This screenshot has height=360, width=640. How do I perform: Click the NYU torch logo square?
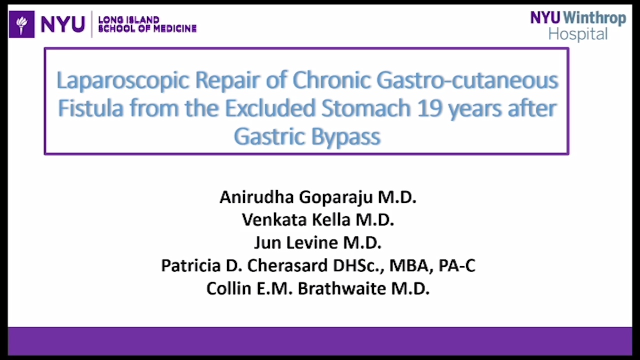22,24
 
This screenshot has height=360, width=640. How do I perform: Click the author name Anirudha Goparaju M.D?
318,197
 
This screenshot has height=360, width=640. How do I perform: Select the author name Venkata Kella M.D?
318,220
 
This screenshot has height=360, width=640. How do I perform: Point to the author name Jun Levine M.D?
318,243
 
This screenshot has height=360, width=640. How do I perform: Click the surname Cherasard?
287,265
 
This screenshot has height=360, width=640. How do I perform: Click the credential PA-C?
456,265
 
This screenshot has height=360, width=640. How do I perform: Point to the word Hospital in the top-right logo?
578,34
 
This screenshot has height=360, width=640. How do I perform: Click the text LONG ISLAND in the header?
129,20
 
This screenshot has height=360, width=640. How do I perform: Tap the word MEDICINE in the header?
172,29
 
